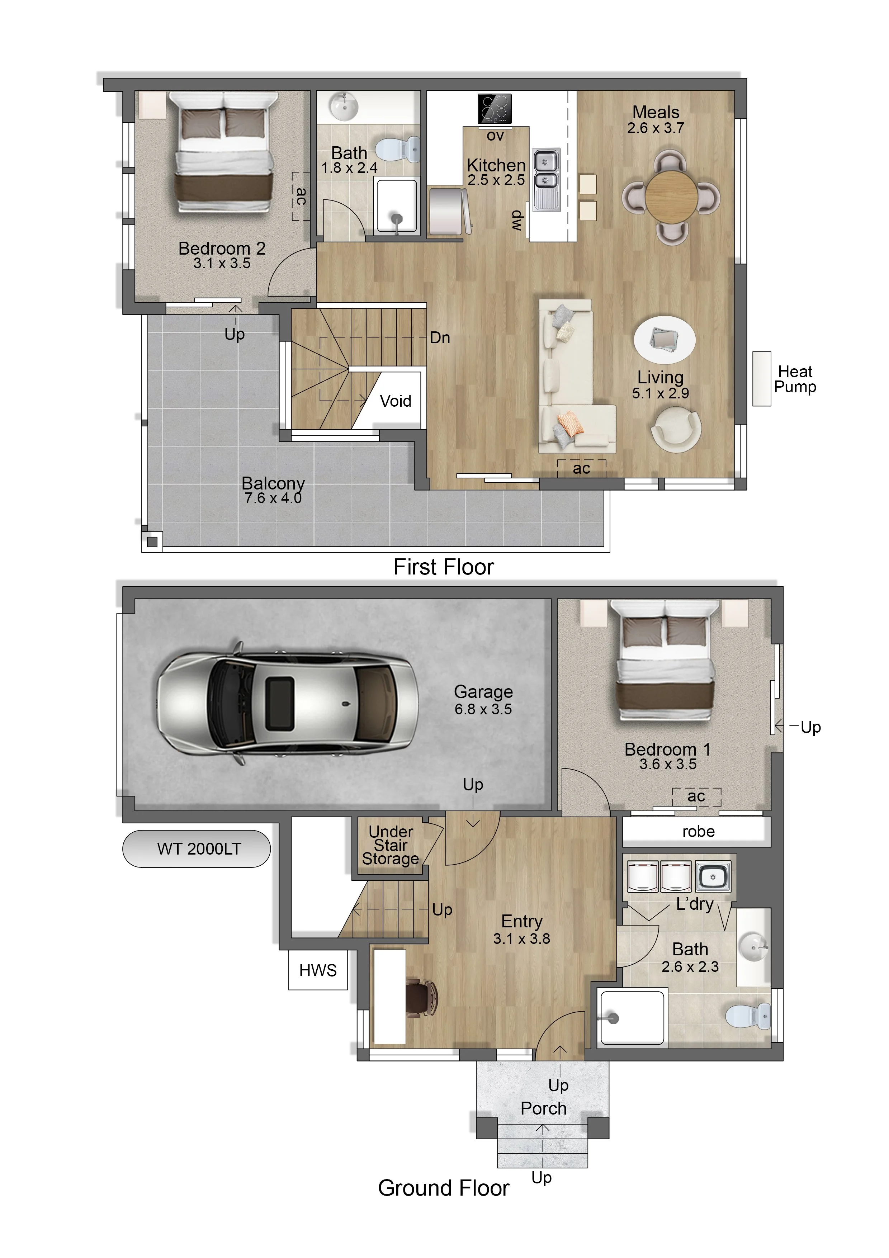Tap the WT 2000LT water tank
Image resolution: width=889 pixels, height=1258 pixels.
196,849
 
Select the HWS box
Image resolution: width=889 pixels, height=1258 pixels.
318,970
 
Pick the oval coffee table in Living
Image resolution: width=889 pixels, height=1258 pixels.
665,340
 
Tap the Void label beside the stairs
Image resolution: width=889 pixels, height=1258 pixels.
396,401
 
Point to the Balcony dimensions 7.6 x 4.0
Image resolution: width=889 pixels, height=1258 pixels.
273,498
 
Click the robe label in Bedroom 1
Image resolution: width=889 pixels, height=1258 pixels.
698,832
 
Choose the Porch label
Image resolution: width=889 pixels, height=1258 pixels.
543,1108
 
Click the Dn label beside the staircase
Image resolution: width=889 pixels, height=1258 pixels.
440,337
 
